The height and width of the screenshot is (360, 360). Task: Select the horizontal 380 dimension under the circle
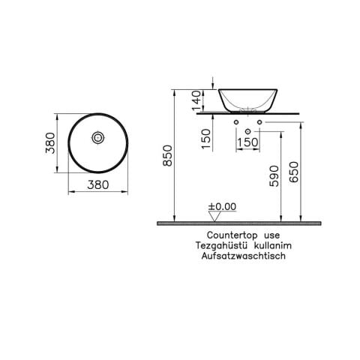(97, 183)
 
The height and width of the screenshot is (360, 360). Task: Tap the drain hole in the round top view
(97, 138)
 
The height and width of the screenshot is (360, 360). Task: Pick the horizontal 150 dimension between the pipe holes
(248, 142)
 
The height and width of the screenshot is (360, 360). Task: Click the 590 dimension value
(274, 177)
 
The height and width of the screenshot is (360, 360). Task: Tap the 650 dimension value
(297, 177)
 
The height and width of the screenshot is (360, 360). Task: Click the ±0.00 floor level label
(222, 205)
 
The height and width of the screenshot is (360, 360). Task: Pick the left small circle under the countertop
(238, 121)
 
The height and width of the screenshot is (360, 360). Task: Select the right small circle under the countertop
(259, 121)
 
